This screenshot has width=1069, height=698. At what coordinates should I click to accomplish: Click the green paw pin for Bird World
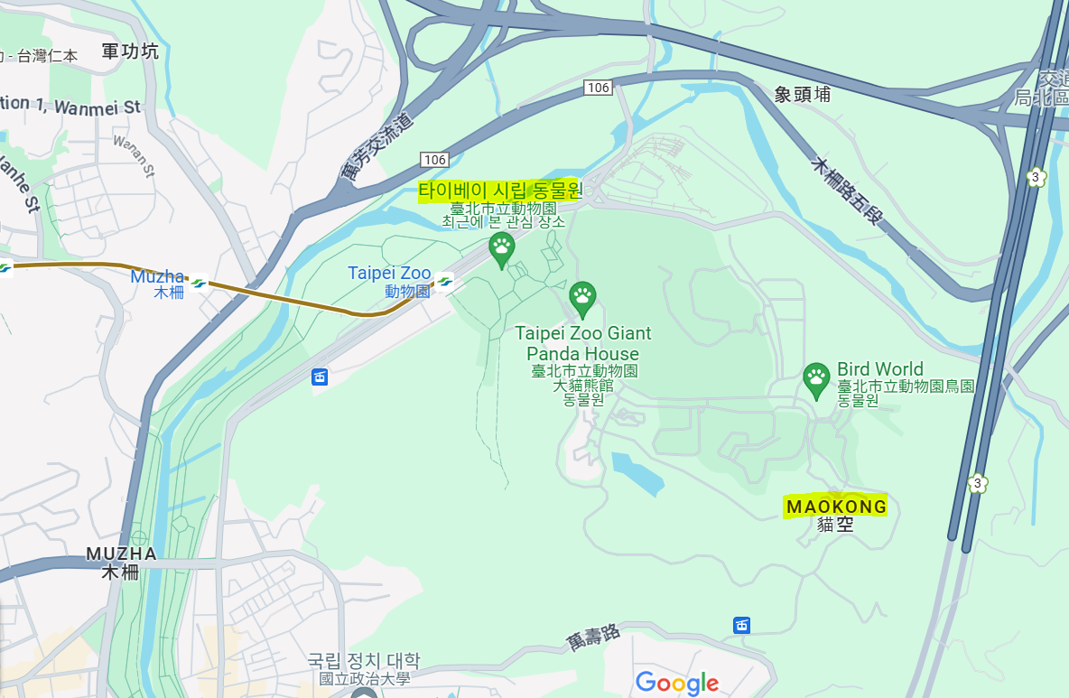[x=816, y=379]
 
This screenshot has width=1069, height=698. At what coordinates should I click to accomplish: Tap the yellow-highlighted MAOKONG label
[x=836, y=507]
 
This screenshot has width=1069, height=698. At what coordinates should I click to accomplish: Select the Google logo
[x=677, y=683]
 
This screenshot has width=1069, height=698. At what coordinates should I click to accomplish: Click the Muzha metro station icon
[x=198, y=283]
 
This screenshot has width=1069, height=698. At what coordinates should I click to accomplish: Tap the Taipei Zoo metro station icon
[x=443, y=282]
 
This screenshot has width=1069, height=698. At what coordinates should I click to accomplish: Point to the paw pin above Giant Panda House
[x=582, y=297]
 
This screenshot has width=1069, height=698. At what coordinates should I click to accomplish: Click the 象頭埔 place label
[x=802, y=94]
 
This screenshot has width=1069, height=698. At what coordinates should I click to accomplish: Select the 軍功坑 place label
[x=130, y=51]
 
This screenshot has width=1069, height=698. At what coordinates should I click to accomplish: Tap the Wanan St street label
[x=135, y=155]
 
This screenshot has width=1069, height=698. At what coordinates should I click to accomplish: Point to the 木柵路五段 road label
[x=846, y=191]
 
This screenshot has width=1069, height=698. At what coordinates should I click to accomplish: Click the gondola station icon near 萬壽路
[x=741, y=625]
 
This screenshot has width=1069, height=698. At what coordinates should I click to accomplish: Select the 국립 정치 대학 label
[x=364, y=661]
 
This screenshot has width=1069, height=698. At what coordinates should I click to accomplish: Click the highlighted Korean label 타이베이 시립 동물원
[x=500, y=191]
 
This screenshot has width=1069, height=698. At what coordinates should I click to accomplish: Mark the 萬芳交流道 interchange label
[x=378, y=146]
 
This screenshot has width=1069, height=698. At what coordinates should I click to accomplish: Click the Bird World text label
[x=879, y=368]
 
